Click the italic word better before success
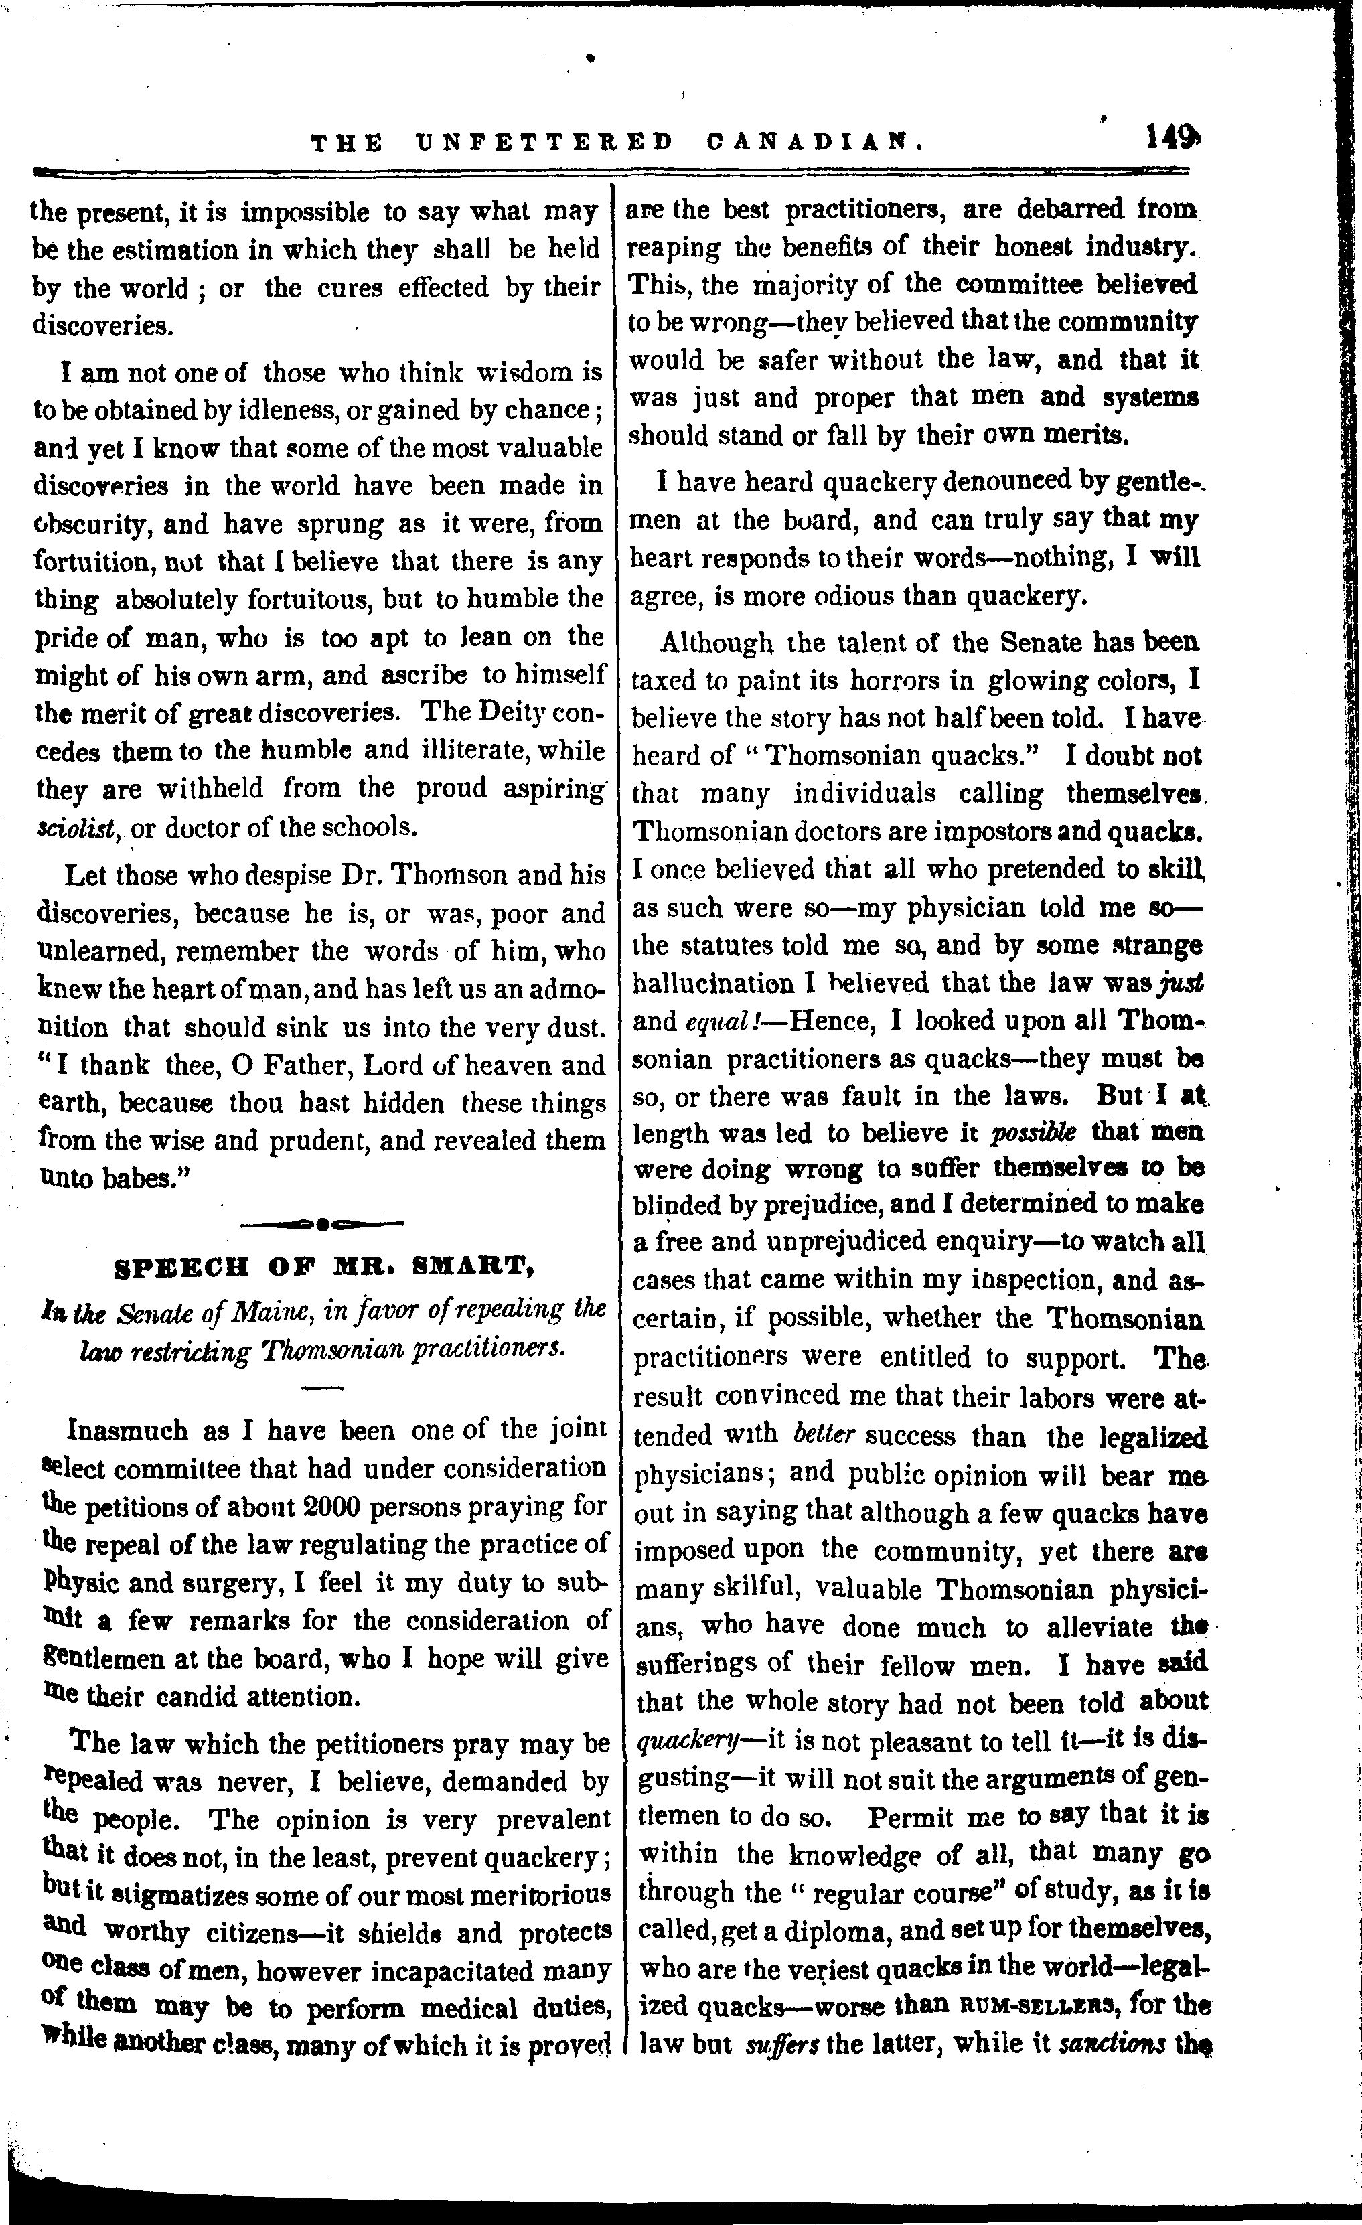[x=824, y=1435]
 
